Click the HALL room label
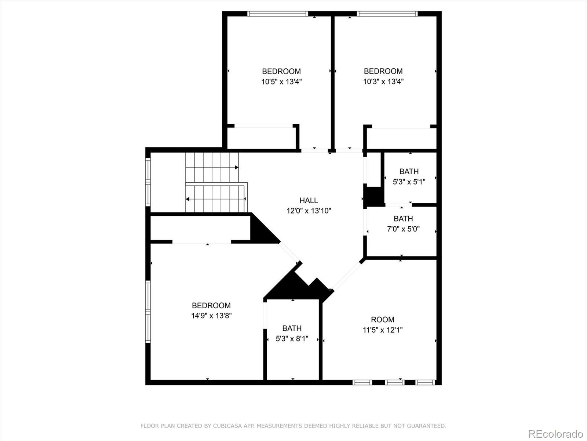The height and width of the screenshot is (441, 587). point(309,200)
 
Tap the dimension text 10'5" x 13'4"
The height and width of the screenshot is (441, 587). point(281,82)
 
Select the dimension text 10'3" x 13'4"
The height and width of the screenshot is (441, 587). point(383,82)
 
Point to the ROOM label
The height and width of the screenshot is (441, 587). point(383,320)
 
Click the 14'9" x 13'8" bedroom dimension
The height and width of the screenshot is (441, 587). point(211,316)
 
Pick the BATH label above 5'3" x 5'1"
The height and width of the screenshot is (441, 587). point(409,171)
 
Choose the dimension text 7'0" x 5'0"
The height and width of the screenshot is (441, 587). point(403,229)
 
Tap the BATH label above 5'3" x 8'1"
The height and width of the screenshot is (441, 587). point(292,328)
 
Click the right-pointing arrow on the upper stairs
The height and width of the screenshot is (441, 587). point(236,168)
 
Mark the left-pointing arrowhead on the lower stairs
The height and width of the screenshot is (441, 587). point(188,199)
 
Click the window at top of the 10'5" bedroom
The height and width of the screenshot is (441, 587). point(277,14)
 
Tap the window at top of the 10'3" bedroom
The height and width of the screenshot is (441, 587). point(387,14)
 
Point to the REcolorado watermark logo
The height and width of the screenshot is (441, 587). point(555,434)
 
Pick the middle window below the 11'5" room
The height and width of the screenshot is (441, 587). point(395,383)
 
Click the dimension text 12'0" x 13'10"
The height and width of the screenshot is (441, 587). point(309,211)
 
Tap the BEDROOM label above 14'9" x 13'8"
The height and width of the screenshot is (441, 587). point(211,305)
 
